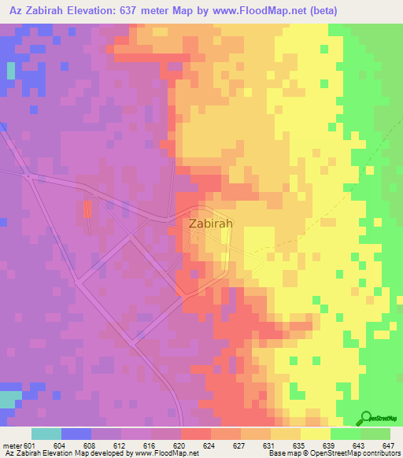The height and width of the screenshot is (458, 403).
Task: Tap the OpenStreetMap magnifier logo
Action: (x=367, y=418)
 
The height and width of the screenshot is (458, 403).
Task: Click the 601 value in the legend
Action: (x=31, y=445)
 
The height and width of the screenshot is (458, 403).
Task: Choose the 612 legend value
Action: (x=120, y=445)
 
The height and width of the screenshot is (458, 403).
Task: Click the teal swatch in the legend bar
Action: (x=46, y=434)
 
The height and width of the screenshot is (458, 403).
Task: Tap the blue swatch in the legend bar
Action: (x=76, y=434)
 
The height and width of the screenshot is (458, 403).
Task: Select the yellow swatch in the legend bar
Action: (x=315, y=434)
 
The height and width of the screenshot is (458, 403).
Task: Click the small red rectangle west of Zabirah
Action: (x=87, y=209)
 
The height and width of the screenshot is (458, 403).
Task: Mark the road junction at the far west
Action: (x=29, y=177)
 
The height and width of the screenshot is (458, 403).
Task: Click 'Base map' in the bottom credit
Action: (x=279, y=453)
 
